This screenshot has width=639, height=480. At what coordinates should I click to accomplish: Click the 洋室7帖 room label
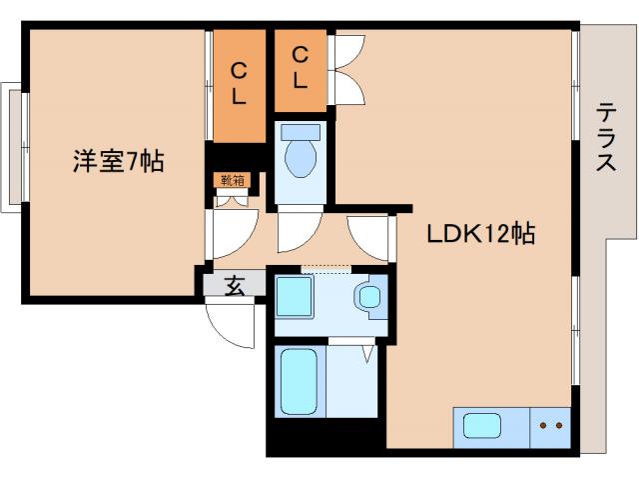pyautogui.click(x=118, y=161)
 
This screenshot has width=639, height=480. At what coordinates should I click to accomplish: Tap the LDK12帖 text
pyautogui.click(x=481, y=234)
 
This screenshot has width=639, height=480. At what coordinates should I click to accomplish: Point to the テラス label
pyautogui.click(x=606, y=138)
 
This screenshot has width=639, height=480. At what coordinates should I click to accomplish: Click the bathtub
pyautogui.click(x=299, y=382)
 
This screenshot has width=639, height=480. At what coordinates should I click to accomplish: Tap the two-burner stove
pyautogui.click(x=550, y=426)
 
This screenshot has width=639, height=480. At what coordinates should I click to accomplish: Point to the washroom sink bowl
pyautogui.click(x=370, y=296)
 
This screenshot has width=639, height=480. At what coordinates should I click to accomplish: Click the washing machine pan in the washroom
pyautogui.click(x=296, y=297)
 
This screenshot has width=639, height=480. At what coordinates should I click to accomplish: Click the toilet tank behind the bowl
pyautogui.click(x=300, y=132)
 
